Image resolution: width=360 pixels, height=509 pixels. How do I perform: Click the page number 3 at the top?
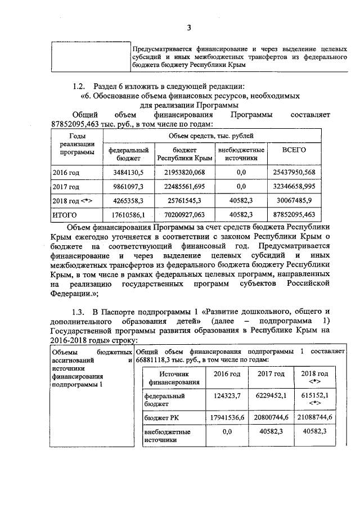(x=189, y=28)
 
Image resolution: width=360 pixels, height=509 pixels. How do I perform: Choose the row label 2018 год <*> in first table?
(x=72, y=200)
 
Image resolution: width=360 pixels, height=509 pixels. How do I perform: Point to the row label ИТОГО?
(x=64, y=215)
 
